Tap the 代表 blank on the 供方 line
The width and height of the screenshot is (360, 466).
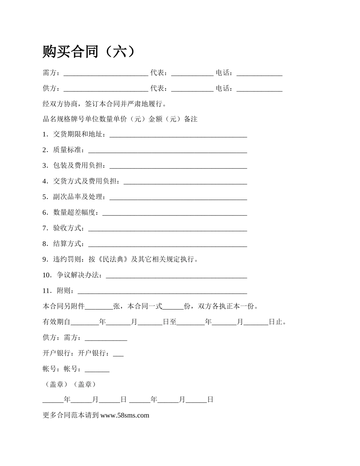pos(193,89)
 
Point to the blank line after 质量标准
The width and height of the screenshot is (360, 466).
pos(167,151)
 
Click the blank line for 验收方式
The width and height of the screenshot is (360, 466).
pos(167,229)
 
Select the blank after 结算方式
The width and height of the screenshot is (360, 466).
pos(167,244)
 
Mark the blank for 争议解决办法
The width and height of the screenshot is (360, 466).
pos(177,276)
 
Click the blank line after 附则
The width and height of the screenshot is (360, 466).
pos(162,291)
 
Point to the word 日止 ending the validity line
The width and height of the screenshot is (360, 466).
pos(276,322)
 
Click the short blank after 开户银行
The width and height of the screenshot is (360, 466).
pos(118,354)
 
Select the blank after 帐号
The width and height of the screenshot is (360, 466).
pos(97,370)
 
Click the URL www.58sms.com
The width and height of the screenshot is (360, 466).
pos(125,415)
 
